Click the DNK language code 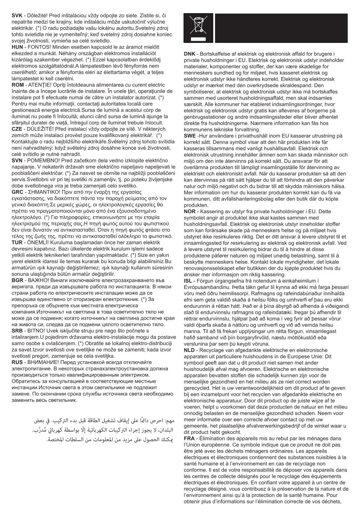191,54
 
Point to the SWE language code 191,137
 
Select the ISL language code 189,280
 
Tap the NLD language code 190,351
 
